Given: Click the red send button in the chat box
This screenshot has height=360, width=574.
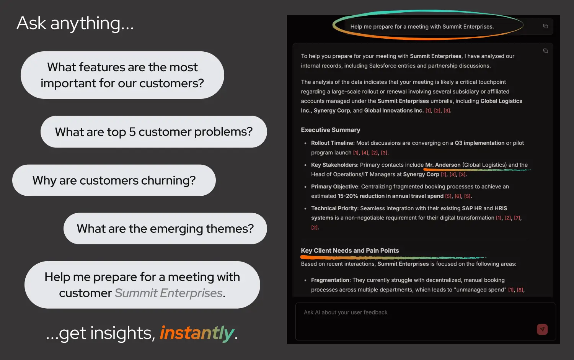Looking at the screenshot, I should (x=542, y=329).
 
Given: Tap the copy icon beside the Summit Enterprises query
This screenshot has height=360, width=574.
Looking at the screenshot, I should (x=546, y=26).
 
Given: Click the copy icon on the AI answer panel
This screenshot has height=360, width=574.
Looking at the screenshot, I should (x=546, y=51).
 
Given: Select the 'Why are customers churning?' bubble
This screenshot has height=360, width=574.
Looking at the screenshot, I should (x=114, y=180).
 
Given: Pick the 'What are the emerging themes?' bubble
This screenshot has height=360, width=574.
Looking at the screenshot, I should (x=165, y=229).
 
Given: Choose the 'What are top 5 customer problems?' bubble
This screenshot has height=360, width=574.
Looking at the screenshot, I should (x=153, y=132).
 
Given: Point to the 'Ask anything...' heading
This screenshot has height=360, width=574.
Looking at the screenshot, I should (x=75, y=23).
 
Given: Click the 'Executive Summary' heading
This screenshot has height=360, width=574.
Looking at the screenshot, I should (x=331, y=130).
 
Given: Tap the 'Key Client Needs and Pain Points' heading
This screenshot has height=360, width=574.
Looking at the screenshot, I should (x=350, y=250).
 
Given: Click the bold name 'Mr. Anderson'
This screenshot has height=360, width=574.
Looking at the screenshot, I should (x=443, y=165).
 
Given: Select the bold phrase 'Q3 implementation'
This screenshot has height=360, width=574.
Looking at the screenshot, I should (x=479, y=143).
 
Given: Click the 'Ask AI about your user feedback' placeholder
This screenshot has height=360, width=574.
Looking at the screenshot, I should (x=346, y=313).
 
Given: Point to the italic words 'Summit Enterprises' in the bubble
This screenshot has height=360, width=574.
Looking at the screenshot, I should (x=169, y=293).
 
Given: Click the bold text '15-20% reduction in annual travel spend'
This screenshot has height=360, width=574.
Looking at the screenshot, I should (x=390, y=196).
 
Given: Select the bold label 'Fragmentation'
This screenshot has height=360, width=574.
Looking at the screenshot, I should (x=331, y=280).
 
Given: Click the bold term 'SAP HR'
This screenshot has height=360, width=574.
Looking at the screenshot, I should (x=472, y=208).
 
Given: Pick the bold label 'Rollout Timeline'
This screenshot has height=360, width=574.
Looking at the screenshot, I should (x=332, y=143).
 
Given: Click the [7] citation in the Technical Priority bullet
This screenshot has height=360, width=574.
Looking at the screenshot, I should (x=517, y=218).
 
